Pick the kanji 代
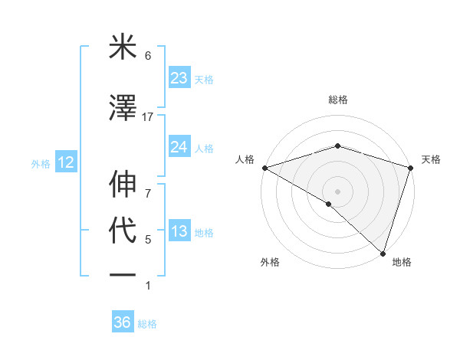click(x=123, y=231)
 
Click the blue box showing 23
click(x=179, y=78)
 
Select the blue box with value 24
click(x=179, y=147)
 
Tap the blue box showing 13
click(x=179, y=231)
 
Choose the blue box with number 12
click(x=65, y=162)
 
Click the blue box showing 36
click(x=123, y=322)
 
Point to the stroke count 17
click(x=148, y=117)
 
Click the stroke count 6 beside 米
click(x=148, y=56)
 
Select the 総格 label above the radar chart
click(x=337, y=100)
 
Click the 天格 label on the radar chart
click(x=431, y=159)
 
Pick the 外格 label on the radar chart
click(x=270, y=263)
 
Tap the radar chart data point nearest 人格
click(x=264, y=168)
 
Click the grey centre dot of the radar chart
click(x=337, y=191)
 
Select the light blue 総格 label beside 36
click(x=147, y=324)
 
